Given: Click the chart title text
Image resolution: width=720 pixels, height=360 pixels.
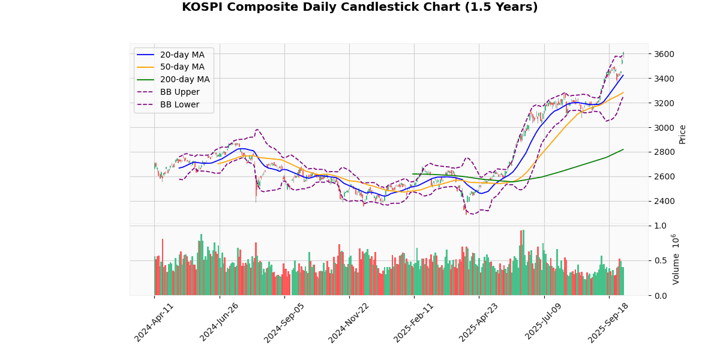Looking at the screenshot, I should pos(360,7).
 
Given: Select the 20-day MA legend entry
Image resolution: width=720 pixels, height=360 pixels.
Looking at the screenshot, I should pos(182,55).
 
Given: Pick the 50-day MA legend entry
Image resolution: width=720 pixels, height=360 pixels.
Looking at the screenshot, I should pos(182,67).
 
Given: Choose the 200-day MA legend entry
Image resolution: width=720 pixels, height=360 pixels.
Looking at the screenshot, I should pos(184,79).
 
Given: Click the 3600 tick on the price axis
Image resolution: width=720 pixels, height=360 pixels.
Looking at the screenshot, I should pos(664,54).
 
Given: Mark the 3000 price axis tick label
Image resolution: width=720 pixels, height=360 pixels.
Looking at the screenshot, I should pos(664,128).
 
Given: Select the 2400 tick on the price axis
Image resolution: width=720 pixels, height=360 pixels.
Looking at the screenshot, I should pos(664,201).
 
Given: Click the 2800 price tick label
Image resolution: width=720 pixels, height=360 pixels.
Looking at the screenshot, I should pos(664,152).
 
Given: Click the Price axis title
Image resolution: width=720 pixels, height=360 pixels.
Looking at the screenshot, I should pos(683,134).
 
